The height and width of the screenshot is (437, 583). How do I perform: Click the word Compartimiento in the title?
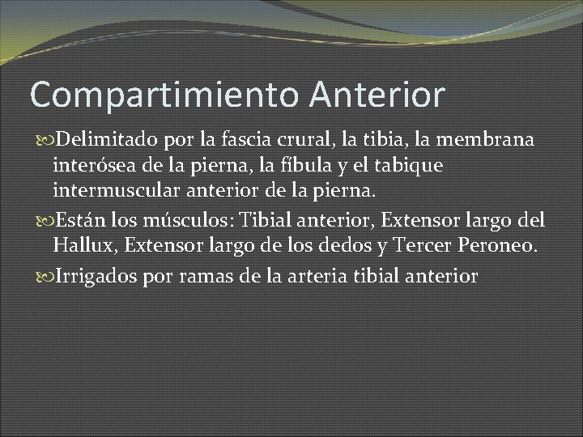[165, 95]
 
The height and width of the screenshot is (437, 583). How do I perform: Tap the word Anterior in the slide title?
[377, 94]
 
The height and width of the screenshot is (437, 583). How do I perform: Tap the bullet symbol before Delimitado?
[42, 141]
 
